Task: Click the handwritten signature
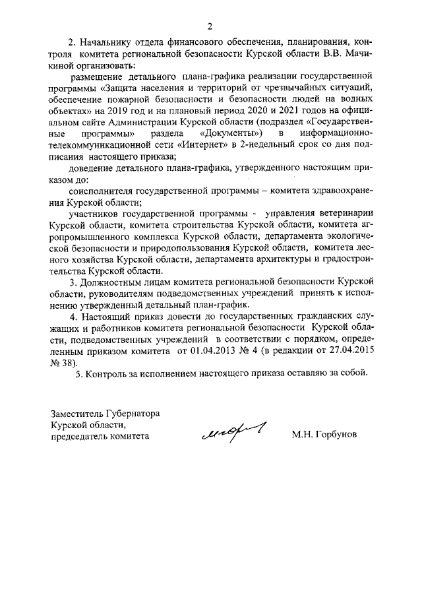coord(234,432)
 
